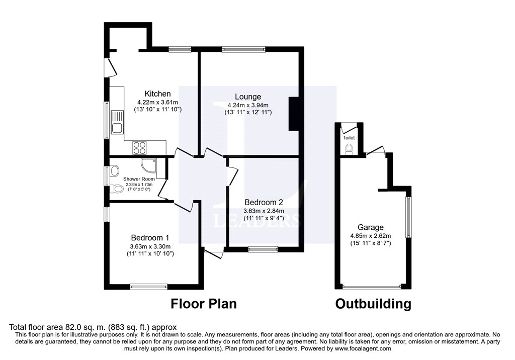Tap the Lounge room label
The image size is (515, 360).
click(248, 97)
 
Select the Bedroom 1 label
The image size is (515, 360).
click(150, 237)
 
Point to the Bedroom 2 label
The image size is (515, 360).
click(264, 202)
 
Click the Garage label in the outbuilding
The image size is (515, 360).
click(371, 227)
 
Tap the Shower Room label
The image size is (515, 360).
click(139, 179)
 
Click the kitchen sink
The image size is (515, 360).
click(117, 122)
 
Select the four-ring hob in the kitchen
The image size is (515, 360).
click(139, 147)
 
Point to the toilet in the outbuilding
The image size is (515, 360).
click(349, 149)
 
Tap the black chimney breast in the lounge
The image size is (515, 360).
click(294, 114)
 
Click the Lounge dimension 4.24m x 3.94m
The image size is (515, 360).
click(248, 106)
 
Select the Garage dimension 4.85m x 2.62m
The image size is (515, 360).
click(371, 236)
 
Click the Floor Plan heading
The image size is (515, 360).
click(204, 304)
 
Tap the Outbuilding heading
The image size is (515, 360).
click(373, 304)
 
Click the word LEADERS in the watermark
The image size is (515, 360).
click(256, 220)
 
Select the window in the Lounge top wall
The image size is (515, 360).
click(243, 49)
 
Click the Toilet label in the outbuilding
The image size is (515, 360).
click(349, 138)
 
